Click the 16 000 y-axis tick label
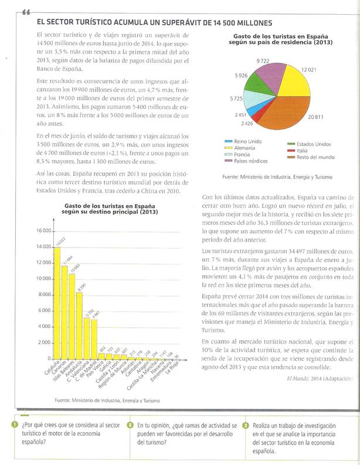[x=28, y=230]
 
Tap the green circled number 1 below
[x=13, y=425]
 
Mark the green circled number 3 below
[x=246, y=425]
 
